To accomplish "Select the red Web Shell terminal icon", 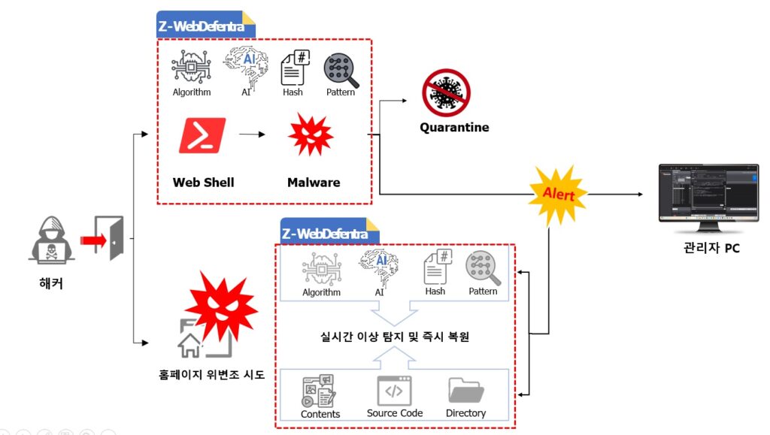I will click(202, 136).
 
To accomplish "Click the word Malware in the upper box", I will click(314, 183).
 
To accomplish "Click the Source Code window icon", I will click(395, 391).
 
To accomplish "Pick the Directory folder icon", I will click(466, 391).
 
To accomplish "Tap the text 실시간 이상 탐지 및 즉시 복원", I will click(395, 337).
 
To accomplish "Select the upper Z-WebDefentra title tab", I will click(205, 26).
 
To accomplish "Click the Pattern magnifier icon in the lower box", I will click(483, 269).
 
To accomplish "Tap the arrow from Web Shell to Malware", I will click(253, 136).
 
